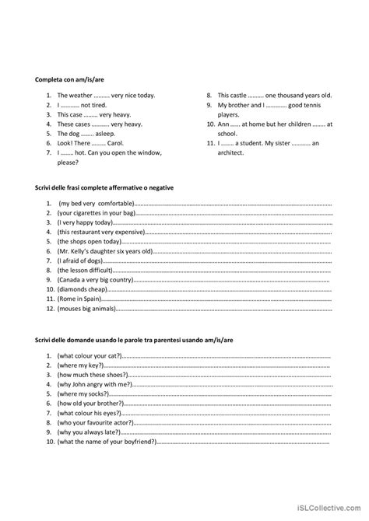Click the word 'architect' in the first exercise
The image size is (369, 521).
(230, 152)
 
